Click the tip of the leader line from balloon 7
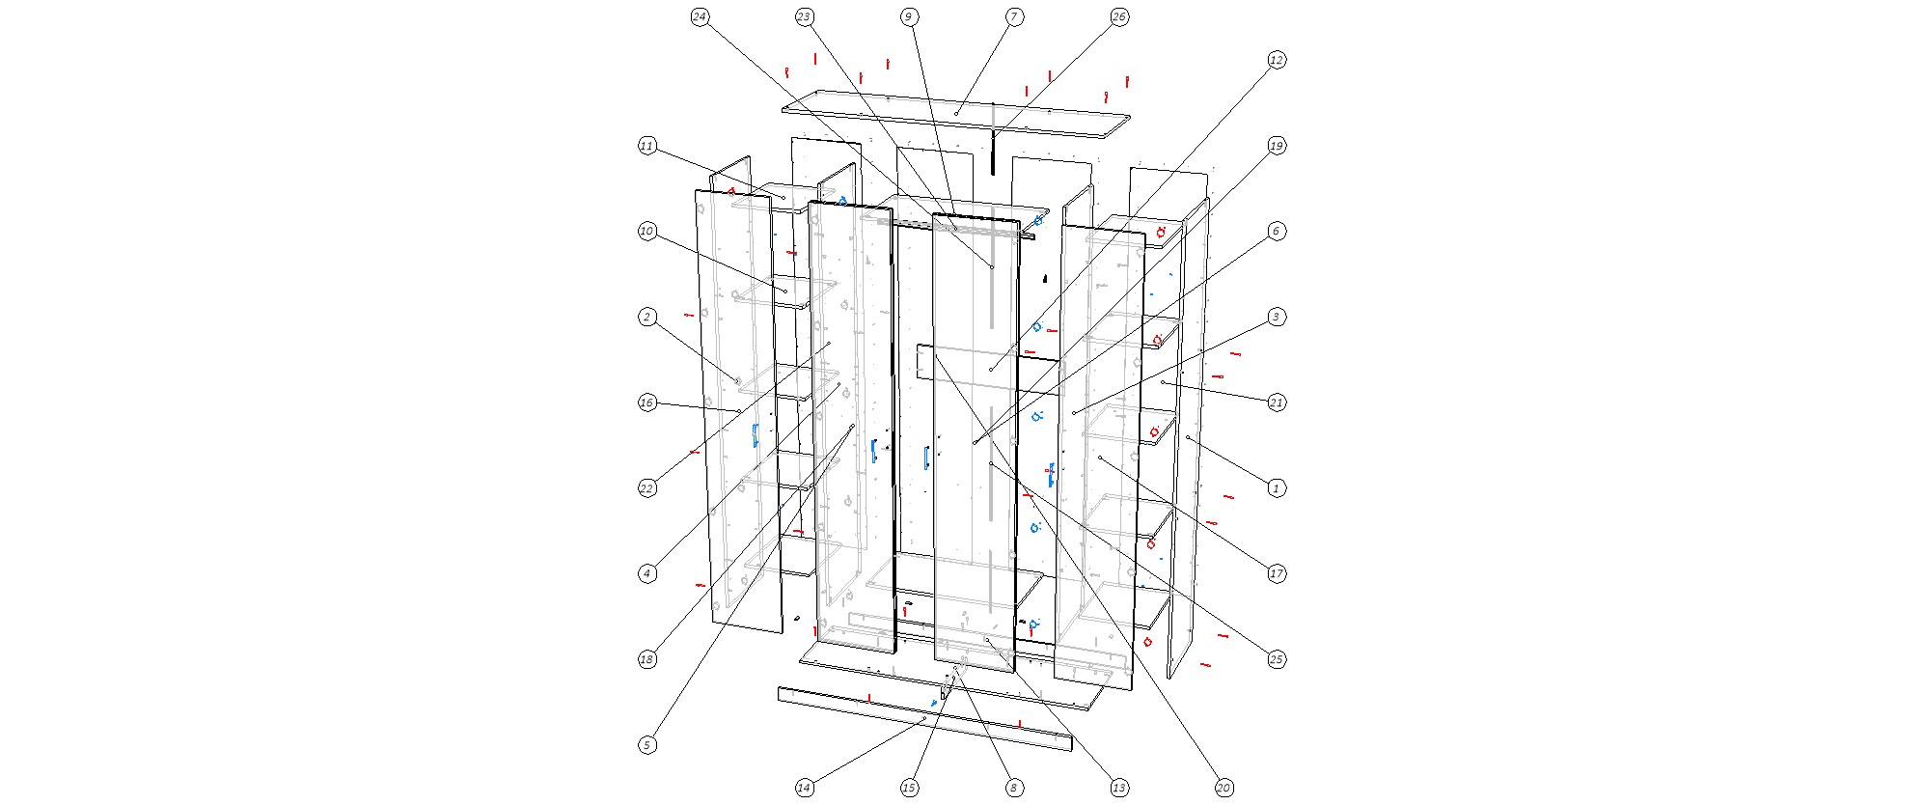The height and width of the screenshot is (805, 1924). (956, 113)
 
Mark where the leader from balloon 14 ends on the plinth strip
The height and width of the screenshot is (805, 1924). (923, 719)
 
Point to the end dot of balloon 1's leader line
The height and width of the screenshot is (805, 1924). (1188, 438)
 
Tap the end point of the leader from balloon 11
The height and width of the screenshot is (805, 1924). (783, 197)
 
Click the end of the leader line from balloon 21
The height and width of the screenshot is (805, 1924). (1163, 383)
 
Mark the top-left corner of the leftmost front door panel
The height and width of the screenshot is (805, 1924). (695, 190)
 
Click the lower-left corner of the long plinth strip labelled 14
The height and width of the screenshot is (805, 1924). (779, 701)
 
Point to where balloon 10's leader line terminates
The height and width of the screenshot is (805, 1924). (785, 291)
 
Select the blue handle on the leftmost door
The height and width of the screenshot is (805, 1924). (756, 435)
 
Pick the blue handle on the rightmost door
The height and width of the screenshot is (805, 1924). (1051, 475)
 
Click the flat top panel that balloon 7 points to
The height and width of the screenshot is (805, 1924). (955, 114)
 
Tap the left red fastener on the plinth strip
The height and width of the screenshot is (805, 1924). (869, 698)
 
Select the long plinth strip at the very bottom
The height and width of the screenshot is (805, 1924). (924, 719)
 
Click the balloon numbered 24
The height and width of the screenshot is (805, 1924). (700, 17)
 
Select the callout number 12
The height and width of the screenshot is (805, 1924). (1276, 60)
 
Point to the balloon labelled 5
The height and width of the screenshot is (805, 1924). (647, 745)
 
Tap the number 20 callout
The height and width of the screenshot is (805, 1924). (1223, 789)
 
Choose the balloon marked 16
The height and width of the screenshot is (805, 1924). (647, 402)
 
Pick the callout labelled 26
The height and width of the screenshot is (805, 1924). (1118, 17)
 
